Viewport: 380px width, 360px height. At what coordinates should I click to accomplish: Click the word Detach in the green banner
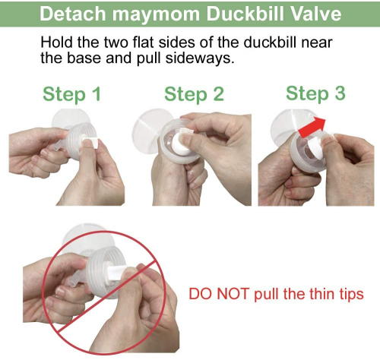(x=73, y=14)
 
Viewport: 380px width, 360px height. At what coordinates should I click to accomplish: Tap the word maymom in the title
(x=156, y=15)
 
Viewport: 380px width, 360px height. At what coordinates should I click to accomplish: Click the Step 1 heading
(x=72, y=94)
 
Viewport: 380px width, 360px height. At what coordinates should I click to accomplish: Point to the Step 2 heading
(x=195, y=94)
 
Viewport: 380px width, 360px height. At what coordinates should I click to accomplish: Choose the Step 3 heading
(x=315, y=93)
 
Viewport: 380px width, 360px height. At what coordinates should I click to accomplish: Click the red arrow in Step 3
(x=312, y=128)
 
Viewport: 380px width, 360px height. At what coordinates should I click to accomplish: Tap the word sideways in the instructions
(x=199, y=58)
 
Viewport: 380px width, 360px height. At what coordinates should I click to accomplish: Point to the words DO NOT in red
(x=219, y=294)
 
